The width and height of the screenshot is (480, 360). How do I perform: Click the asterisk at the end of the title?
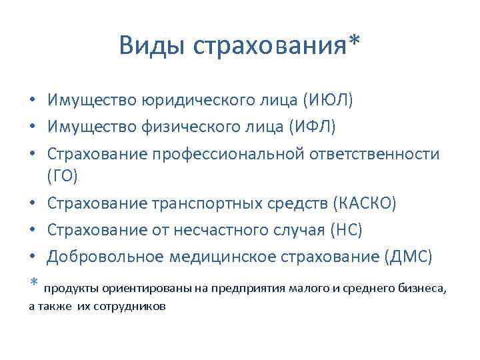(x=353, y=44)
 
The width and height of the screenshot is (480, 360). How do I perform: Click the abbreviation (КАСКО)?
(x=363, y=203)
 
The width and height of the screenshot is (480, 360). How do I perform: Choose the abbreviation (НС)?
(x=346, y=230)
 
